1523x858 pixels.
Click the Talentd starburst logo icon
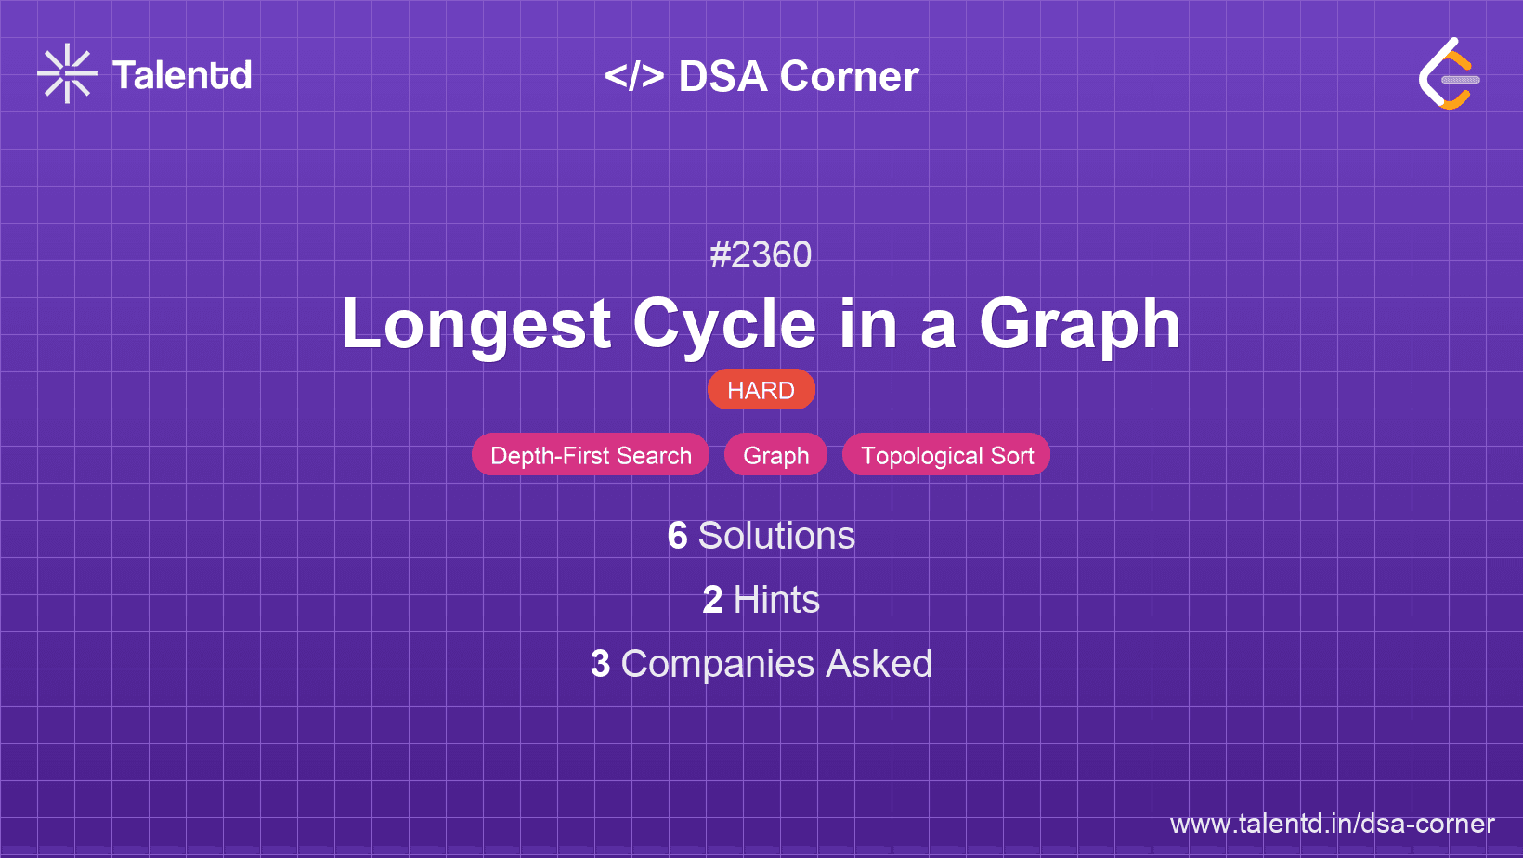point(67,73)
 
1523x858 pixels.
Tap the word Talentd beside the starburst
point(182,75)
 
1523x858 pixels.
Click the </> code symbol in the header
point(634,76)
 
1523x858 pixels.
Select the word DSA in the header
point(723,76)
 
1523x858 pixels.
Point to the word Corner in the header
point(849,76)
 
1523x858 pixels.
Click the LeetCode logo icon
point(1449,73)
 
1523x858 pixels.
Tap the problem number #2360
point(761,255)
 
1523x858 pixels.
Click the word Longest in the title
point(476,324)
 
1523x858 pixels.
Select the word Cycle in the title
point(724,324)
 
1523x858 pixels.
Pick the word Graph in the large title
point(1080,324)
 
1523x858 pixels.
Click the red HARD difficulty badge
point(761,390)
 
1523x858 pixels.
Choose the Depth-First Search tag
point(591,455)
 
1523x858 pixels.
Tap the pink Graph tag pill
point(775,455)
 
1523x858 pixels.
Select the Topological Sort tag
point(946,455)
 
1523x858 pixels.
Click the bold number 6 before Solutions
point(677,536)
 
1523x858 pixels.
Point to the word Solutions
point(776,536)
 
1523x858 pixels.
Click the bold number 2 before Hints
point(712,600)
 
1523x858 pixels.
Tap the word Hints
point(776,600)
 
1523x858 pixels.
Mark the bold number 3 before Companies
point(600,664)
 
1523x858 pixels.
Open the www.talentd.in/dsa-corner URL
point(1332,824)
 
